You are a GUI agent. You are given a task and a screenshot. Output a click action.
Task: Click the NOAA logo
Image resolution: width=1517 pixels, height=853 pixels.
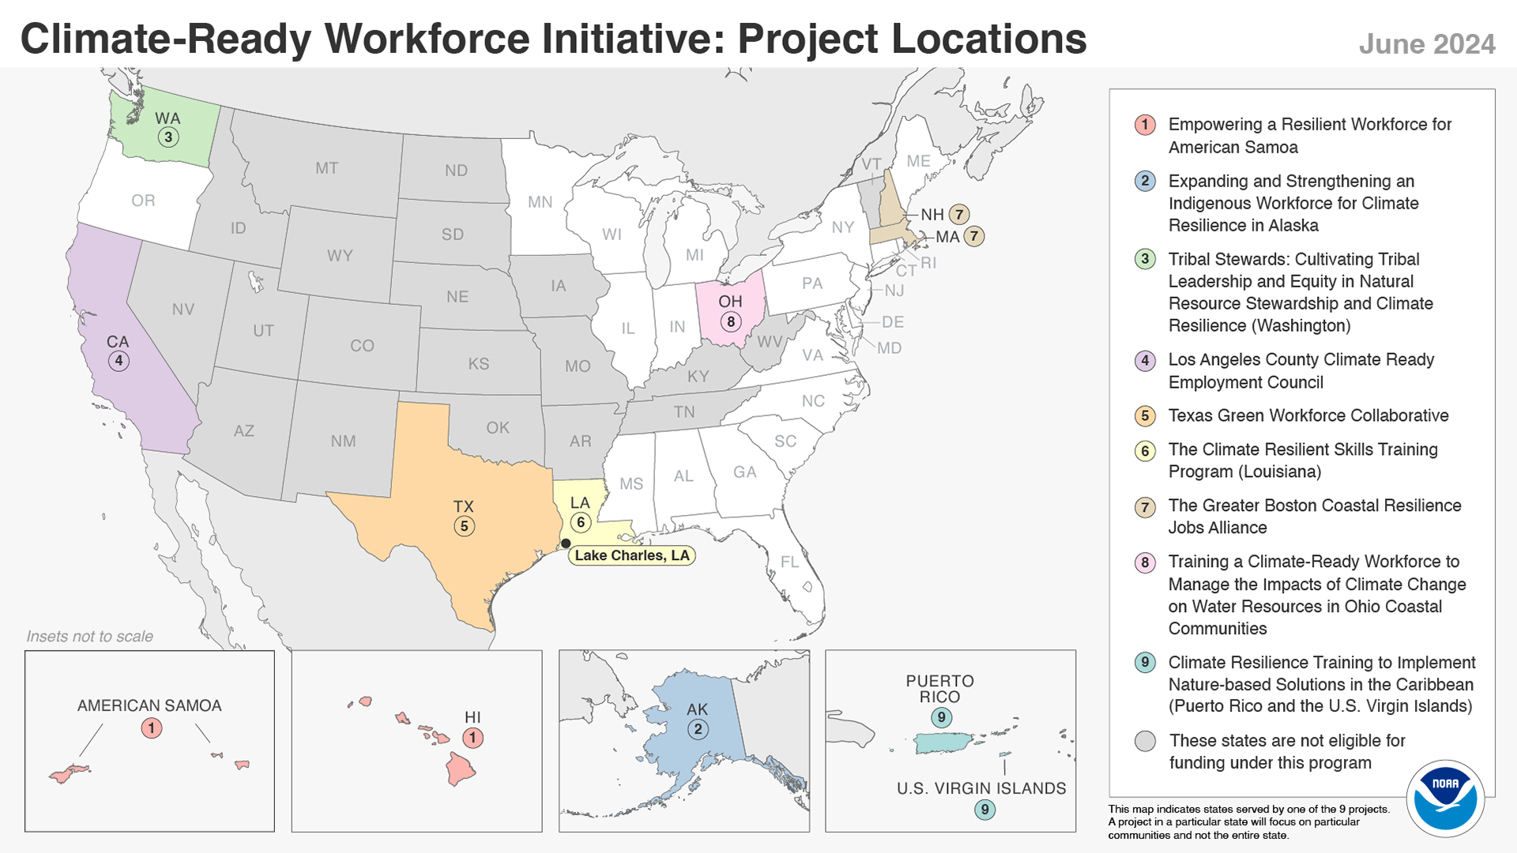click(x=1445, y=799)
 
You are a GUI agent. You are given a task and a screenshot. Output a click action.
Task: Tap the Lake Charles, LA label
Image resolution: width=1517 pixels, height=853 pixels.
click(x=631, y=555)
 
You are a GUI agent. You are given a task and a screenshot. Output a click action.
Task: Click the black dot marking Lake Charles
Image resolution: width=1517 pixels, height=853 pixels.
click(x=566, y=543)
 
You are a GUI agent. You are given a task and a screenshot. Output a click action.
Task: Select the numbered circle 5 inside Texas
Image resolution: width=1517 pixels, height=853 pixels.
click(x=464, y=526)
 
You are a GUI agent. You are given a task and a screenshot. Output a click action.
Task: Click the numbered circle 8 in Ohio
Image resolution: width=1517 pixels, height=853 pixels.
click(x=731, y=321)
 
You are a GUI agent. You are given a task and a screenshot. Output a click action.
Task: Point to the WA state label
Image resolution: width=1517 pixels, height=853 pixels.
click(x=168, y=118)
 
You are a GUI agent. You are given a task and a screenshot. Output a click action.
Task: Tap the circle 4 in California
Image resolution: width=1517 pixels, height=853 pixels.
click(x=119, y=361)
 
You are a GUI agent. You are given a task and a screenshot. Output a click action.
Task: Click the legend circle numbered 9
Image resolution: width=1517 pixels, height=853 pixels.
click(x=1145, y=663)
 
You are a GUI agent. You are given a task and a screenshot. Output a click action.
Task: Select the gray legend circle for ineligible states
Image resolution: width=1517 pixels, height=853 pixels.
click(x=1145, y=741)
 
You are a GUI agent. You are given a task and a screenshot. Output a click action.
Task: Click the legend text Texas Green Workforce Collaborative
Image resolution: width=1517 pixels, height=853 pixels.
click(x=1308, y=415)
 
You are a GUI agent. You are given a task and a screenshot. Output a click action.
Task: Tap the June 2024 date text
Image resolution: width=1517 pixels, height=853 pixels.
click(x=1426, y=44)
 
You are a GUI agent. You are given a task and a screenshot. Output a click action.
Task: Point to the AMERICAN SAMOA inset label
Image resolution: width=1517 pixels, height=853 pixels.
click(x=149, y=705)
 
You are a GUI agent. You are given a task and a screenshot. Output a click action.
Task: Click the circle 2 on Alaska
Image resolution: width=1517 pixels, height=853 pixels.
click(x=697, y=729)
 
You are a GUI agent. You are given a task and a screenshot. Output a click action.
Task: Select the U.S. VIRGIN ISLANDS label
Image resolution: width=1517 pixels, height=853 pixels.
click(x=981, y=788)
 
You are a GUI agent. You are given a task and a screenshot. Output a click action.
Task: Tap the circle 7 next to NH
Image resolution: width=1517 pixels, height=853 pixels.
click(x=959, y=214)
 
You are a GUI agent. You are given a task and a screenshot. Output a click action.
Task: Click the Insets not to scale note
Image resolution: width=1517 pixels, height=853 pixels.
click(x=90, y=637)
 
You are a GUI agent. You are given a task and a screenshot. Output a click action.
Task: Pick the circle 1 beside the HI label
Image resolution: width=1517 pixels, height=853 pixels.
click(x=472, y=738)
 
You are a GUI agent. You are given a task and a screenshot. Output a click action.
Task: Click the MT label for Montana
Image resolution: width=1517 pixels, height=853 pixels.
click(x=326, y=168)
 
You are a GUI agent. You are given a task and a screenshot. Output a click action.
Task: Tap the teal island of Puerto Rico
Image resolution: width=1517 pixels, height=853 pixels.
click(x=942, y=742)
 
